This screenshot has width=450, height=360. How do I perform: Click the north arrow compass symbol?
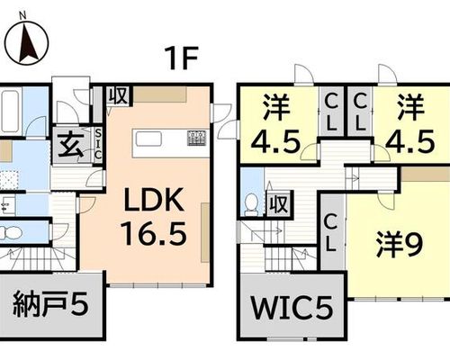coord(28,42)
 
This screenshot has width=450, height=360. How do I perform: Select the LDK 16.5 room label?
coord(154,217)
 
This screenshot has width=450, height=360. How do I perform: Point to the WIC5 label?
coord(292,308)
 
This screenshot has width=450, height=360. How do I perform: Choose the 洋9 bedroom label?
coord(400,244)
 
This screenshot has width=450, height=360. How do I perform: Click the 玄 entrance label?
coord(71,146)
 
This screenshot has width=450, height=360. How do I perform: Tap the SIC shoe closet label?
coord(98,145)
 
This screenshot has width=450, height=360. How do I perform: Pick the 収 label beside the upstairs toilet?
coord(279,204)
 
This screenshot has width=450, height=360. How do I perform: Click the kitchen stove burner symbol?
coord(196,138)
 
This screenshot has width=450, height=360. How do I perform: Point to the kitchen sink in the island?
coord(148,139)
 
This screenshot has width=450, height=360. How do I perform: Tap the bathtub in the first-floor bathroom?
coord(10,111)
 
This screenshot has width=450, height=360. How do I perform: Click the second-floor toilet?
coord(251,203)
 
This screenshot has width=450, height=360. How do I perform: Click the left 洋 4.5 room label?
coord(276,123)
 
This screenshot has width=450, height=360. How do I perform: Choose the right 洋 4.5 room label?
coord(410,123)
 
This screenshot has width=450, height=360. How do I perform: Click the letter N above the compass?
coord(22,16)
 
